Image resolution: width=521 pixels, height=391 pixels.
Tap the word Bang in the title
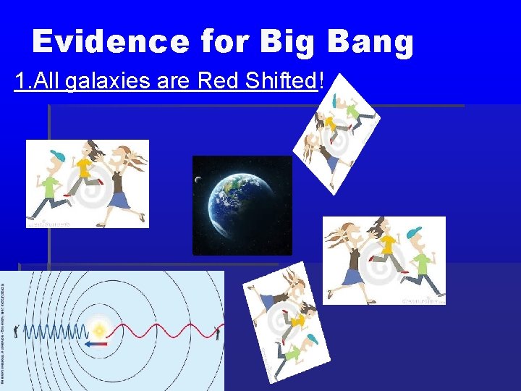coord(370,42)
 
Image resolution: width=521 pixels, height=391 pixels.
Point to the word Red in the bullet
coord(213,81)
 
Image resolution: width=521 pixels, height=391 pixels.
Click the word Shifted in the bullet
coord(279,81)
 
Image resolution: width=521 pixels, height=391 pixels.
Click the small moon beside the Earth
coord(198,180)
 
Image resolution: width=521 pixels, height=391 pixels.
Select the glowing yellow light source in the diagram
coord(99,330)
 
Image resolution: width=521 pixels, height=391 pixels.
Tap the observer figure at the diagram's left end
coord(15,331)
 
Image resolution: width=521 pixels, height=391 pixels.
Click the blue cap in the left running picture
coord(57,155)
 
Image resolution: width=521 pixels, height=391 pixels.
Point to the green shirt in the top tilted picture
coord(355,109)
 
